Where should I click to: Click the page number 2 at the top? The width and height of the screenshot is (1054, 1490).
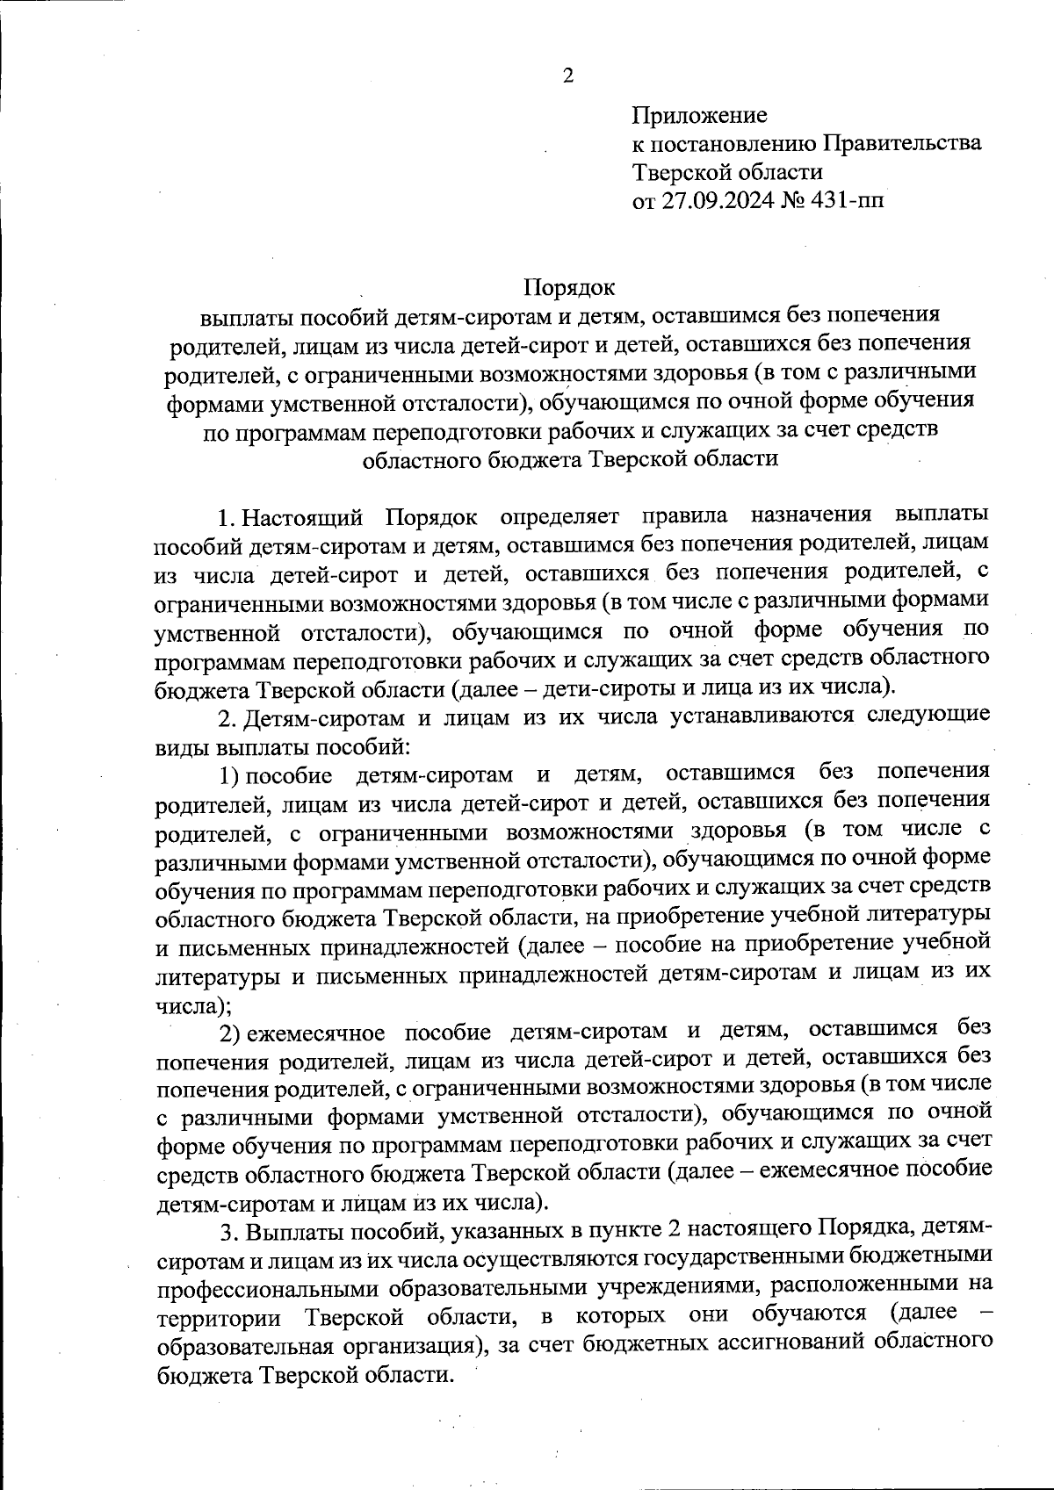point(567,76)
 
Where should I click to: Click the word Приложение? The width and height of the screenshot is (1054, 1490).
point(700,115)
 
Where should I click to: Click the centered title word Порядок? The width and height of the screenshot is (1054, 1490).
point(569,287)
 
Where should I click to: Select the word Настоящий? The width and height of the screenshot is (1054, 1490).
point(303,515)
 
